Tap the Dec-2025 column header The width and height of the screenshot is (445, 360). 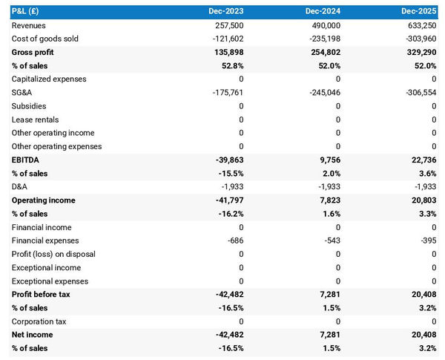(x=419, y=12)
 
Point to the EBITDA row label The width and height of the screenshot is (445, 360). (x=25, y=160)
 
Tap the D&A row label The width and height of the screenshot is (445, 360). (x=21, y=187)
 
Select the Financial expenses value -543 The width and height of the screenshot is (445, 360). (x=332, y=240)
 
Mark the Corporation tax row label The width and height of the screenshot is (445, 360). (x=39, y=321)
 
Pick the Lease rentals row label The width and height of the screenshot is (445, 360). (x=35, y=120)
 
